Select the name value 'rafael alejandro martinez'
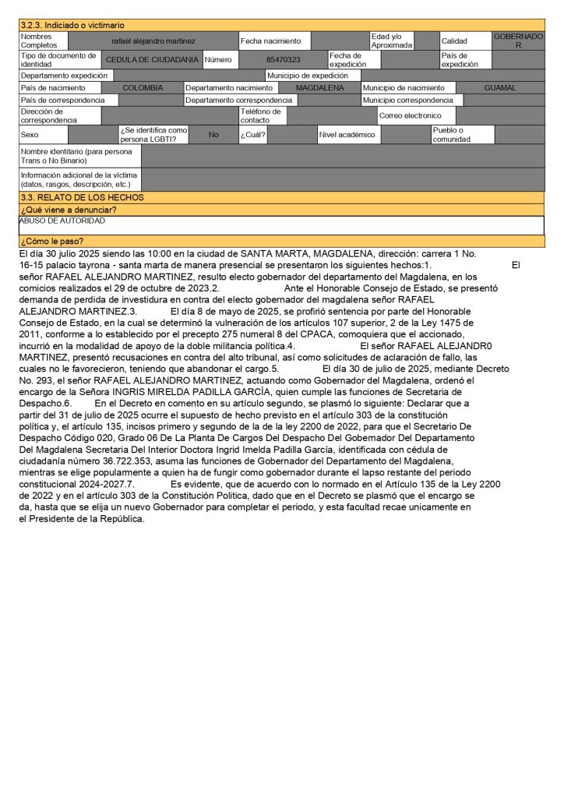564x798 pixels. click(153, 41)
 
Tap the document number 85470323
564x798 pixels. click(284, 59)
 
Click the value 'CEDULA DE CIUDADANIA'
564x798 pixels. click(152, 59)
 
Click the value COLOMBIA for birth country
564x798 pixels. click(143, 88)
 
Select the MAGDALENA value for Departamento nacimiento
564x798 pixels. click(320, 88)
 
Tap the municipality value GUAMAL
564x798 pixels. click(500, 88)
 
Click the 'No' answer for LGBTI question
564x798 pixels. click(213, 134)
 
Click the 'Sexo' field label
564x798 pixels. click(30, 134)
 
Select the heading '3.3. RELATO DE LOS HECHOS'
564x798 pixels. click(82, 198)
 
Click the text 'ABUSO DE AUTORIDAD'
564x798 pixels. click(62, 221)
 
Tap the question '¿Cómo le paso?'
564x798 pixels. click(52, 241)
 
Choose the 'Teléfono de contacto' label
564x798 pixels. click(260, 116)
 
